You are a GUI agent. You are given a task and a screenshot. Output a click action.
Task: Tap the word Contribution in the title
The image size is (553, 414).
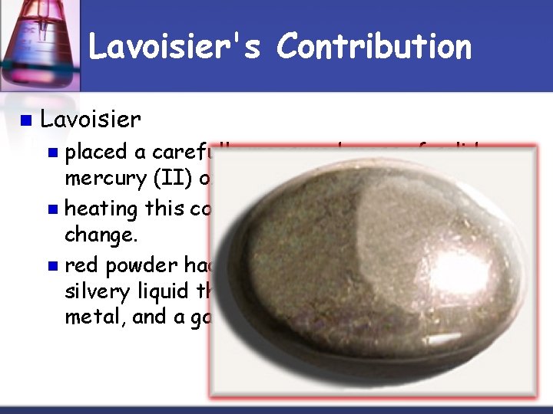pyautogui.click(x=375, y=47)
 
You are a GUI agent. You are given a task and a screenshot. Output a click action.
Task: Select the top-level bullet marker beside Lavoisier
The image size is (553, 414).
pyautogui.click(x=26, y=120)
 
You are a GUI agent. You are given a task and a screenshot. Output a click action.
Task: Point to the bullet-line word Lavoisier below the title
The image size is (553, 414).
pyautogui.click(x=91, y=120)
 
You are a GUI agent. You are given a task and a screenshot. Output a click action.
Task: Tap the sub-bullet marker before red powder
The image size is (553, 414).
pyautogui.click(x=53, y=266)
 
